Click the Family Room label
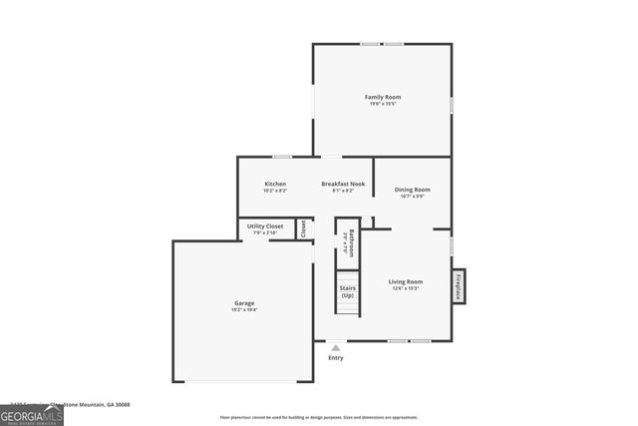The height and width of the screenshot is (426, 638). point(382,96)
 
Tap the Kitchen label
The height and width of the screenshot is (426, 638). point(275,184)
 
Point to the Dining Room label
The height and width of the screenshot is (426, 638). point(412,189)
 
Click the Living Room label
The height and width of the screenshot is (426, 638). point(406,281)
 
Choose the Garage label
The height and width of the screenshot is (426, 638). point(244,302)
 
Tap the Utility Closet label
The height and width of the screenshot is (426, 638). point(265,226)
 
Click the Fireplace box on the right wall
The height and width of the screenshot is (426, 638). point(460,285)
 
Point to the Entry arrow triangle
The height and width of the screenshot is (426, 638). point(335,348)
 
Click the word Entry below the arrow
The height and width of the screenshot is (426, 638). point(336,358)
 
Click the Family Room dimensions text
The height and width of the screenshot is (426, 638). point(382,104)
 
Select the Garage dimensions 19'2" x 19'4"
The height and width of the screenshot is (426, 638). point(244,310)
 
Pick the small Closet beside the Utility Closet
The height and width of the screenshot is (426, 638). point(304,228)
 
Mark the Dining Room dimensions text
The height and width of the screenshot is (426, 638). point(412,197)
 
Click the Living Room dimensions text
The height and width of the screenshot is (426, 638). point(406,289)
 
